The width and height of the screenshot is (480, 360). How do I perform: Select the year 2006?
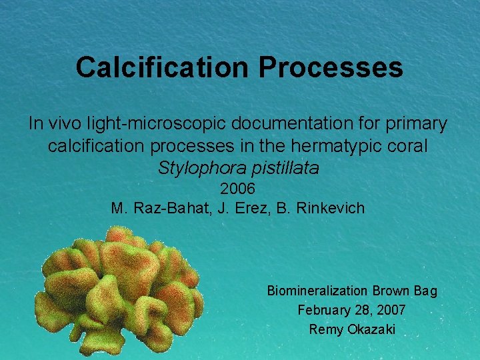pos(238,189)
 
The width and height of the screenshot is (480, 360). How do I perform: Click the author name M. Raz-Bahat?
pos(161,208)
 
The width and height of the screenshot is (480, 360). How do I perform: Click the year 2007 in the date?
pos(391,310)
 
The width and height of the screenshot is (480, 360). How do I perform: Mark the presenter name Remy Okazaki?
pos(352,329)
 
